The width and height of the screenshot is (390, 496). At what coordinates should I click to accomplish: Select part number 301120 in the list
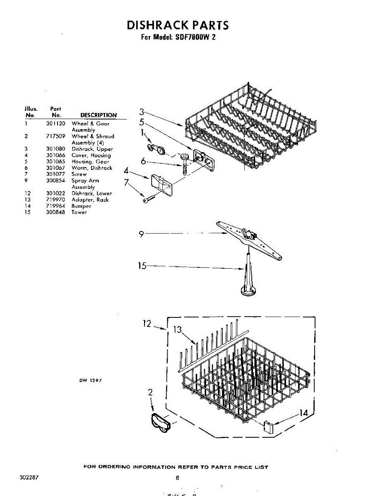click(x=55, y=124)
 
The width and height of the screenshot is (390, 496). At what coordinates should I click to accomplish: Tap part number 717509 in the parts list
click(x=55, y=136)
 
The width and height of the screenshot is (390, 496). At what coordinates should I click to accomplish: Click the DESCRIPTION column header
click(x=98, y=115)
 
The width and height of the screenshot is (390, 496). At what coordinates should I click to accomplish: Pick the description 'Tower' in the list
click(x=79, y=212)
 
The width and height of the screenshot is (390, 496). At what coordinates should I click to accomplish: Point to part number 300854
click(x=55, y=181)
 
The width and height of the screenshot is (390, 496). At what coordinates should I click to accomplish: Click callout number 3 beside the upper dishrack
click(x=141, y=111)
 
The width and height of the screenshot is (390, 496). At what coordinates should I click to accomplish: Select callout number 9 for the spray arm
click(x=141, y=234)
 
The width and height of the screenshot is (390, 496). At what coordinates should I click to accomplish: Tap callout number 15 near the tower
click(x=142, y=266)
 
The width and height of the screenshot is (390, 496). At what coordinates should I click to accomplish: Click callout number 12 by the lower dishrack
click(x=147, y=324)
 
